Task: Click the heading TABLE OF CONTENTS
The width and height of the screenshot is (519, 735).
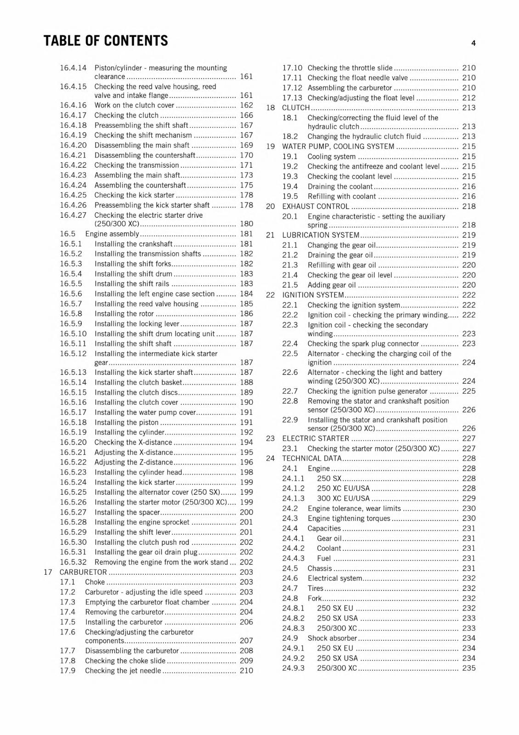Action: click(106, 41)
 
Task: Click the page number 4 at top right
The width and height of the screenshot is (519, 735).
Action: click(473, 43)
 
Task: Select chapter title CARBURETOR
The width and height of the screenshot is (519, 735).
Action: click(83, 572)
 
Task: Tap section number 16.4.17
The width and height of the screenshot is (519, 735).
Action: click(73, 115)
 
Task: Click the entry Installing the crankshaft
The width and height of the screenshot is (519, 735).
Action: click(134, 244)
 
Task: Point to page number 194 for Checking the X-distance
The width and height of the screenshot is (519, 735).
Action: click(246, 442)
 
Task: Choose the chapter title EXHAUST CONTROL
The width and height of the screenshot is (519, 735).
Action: click(316, 206)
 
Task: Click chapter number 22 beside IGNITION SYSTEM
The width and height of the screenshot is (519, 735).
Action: click(270, 295)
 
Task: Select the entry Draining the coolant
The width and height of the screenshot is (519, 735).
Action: click(340, 187)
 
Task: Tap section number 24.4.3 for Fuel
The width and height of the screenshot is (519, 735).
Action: click(293, 558)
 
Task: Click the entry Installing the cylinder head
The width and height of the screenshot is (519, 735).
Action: click(138, 472)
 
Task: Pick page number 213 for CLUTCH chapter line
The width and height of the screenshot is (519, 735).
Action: click(468, 107)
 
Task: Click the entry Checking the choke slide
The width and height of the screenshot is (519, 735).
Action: click(125, 661)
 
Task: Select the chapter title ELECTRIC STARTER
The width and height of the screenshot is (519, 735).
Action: click(316, 438)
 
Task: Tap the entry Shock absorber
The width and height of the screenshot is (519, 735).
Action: click(332, 638)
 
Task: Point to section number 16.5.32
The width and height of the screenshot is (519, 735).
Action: click(73, 562)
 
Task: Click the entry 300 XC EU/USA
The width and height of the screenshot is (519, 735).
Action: click(343, 498)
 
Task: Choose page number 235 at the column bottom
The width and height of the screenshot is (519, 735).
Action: click(468, 668)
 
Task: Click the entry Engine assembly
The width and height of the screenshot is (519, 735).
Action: click(112, 234)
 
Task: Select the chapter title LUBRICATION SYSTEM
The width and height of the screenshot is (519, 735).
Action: click(321, 235)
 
